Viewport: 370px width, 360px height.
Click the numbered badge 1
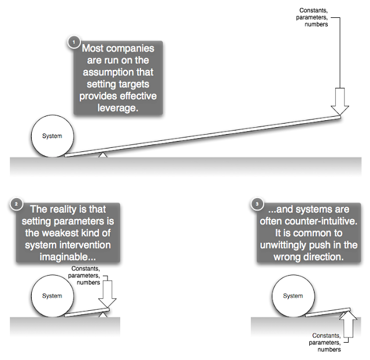pos(73,42)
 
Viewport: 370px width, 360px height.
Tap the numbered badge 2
pos(16,204)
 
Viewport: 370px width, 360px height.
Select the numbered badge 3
pos(257,204)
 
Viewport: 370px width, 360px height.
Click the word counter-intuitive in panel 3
pos(321,221)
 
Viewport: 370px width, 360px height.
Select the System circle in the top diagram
pos(53,136)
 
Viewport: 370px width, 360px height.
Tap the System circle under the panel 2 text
pos(53,296)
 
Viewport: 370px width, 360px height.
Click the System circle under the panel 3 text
pos(293,296)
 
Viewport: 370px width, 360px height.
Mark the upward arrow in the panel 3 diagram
pos(348,324)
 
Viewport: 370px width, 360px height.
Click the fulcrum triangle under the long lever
pos(103,155)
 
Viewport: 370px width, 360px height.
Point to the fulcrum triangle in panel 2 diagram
pos(103,315)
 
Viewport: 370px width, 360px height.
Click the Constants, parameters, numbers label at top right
pos(312,17)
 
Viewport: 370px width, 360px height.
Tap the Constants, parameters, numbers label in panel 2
pos(84,275)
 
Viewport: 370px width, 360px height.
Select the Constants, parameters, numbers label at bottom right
pos(325,342)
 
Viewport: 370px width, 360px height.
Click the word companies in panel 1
pos(131,49)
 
